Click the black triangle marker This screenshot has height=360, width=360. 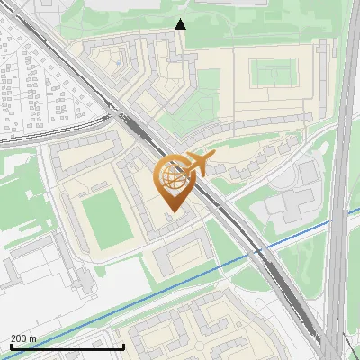181,24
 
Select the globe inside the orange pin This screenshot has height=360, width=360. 171,177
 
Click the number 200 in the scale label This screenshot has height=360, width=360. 18,338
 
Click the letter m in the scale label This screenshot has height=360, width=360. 33,338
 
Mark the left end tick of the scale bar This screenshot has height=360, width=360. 10,346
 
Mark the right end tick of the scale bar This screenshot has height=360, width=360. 123,346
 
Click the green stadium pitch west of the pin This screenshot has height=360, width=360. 105,217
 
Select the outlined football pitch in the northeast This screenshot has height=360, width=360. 274,72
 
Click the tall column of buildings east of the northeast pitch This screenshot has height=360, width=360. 323,81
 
